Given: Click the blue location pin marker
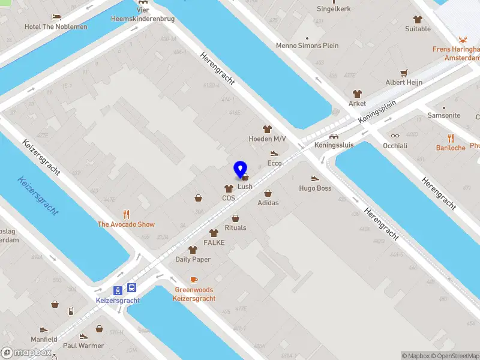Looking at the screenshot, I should point(241,170).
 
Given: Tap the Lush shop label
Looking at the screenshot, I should point(245,187).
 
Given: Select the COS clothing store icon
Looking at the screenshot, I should point(229,189).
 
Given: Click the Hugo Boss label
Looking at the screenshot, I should point(315,188).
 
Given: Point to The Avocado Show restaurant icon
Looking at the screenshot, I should point(126,214).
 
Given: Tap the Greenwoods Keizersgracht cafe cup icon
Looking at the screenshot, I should point(194,280).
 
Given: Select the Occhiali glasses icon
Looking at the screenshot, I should point(395,136).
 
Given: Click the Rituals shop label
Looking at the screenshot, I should point(235,227).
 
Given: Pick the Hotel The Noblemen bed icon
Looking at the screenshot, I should point(56,17).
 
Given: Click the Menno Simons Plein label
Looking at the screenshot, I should point(307,46).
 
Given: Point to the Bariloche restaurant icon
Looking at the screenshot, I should point(451,138).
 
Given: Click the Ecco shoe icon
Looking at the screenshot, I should point(274,154).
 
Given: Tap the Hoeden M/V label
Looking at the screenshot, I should point(268,139).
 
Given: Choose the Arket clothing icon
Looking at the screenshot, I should point(358,94).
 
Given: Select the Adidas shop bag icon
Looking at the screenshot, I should point(268,193).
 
